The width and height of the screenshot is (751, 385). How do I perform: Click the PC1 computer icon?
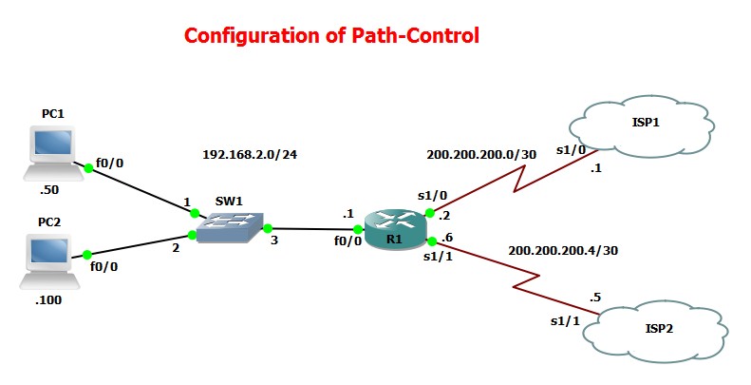51,151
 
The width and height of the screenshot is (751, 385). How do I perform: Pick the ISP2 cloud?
657,330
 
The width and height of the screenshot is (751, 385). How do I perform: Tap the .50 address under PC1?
50,191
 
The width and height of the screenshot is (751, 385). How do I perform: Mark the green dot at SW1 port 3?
269,228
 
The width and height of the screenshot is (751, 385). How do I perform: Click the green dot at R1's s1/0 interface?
430,213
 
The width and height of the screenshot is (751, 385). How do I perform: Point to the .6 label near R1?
447,239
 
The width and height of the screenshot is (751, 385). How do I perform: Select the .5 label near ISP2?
595,297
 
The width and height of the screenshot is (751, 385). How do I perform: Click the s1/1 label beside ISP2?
565,321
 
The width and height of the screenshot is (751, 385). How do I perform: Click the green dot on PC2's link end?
86,255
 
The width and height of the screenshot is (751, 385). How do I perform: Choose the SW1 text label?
229,202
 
